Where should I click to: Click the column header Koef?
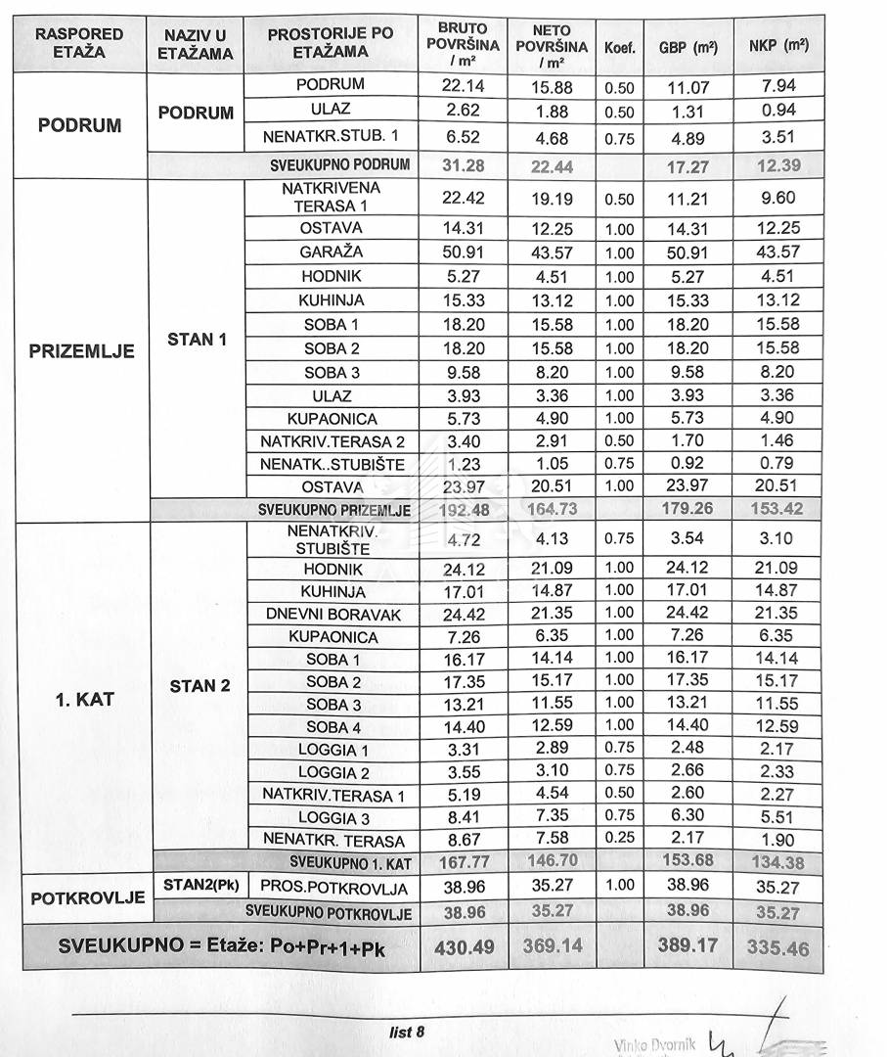[x=619, y=46]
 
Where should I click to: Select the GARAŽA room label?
[x=332, y=252]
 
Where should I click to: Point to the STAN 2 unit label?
[x=200, y=686]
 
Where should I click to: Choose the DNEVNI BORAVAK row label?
[x=333, y=615]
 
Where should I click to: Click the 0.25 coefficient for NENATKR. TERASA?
[x=619, y=838]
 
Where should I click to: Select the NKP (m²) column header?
[x=778, y=46]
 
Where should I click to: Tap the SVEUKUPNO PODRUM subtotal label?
[x=339, y=164]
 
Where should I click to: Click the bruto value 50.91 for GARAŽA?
[x=463, y=252]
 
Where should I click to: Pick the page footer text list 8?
[x=407, y=1031]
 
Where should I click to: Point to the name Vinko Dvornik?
[x=654, y=1045]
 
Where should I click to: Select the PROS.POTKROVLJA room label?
[x=333, y=888]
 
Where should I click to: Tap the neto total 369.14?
[x=551, y=946]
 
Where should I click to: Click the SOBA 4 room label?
[x=333, y=727]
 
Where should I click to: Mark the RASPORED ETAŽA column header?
[x=79, y=42]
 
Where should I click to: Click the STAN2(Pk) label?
[x=200, y=886]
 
